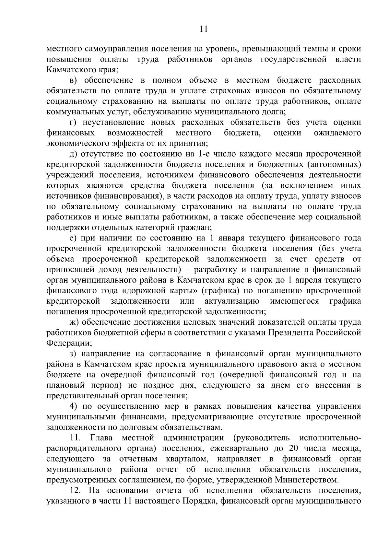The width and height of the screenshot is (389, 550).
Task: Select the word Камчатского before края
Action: [70, 70]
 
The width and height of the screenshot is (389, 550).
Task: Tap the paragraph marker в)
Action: [74, 80]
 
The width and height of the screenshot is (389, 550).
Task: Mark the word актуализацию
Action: [232, 301]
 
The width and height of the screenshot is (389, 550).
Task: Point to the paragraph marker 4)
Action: [73, 406]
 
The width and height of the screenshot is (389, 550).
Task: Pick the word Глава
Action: [101, 438]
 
